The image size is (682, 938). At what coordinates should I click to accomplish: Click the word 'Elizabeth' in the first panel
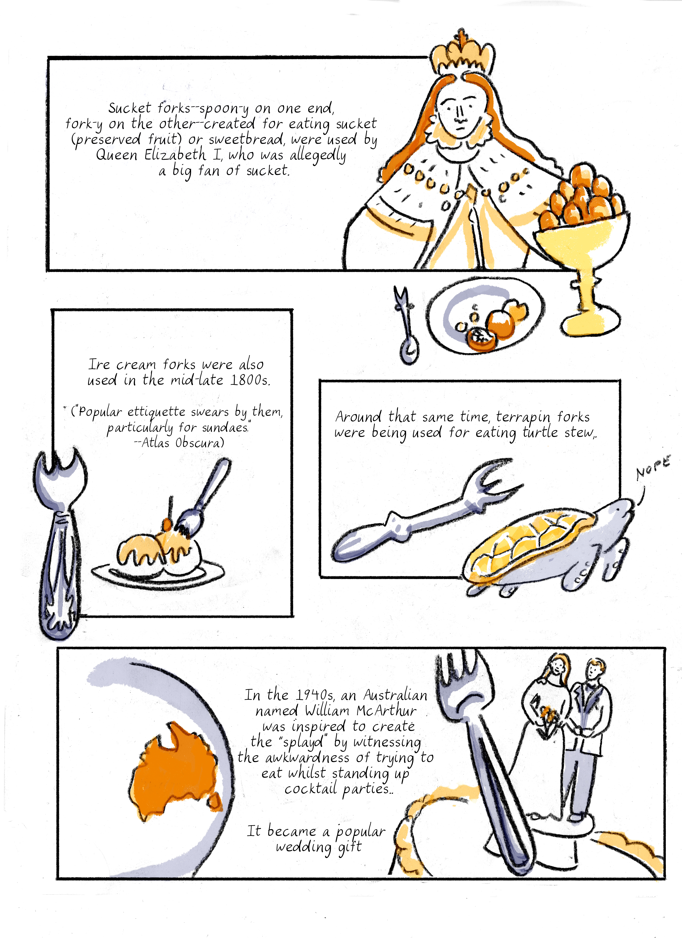coord(175,155)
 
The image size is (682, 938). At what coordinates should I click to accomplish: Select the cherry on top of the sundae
coord(166,524)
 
